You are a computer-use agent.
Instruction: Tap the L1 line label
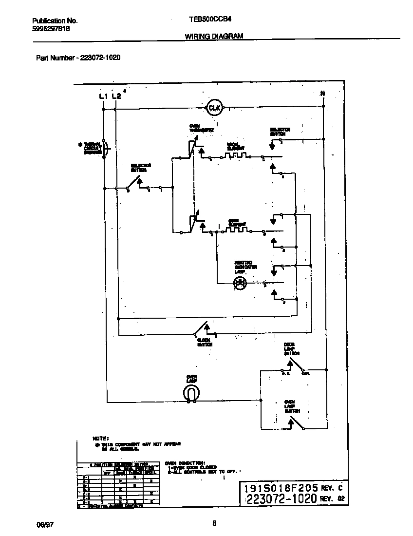(x=103, y=96)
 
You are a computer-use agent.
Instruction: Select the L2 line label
(x=115, y=96)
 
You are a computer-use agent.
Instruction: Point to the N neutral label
(x=322, y=94)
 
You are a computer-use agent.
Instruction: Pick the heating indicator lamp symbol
(x=240, y=283)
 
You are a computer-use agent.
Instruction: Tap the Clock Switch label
(x=205, y=342)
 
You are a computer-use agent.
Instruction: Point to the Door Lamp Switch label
(x=291, y=349)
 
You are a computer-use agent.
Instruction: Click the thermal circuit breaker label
(x=93, y=148)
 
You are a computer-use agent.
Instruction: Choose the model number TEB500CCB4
(x=209, y=21)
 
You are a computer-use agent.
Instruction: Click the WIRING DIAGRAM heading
(x=214, y=36)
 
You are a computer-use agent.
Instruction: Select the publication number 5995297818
(x=51, y=29)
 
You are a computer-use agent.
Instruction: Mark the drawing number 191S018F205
(x=281, y=488)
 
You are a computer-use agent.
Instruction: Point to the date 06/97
(x=44, y=524)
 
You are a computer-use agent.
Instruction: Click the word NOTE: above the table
(x=101, y=439)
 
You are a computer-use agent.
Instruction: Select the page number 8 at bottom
(x=214, y=524)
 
